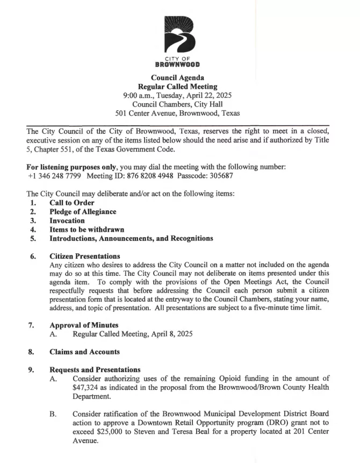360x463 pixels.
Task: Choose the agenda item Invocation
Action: (67, 220)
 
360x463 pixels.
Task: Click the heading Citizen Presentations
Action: (84, 256)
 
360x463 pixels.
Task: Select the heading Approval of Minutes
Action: (84, 325)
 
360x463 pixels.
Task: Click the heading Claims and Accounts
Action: (84, 352)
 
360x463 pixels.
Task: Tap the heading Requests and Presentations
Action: (95, 370)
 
